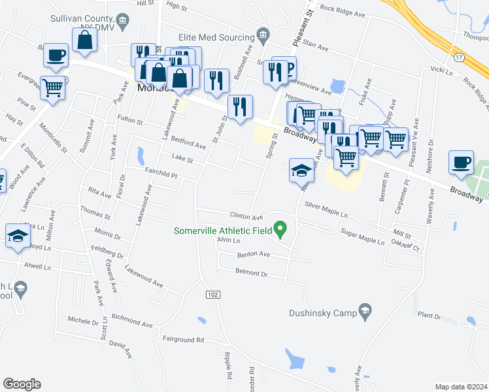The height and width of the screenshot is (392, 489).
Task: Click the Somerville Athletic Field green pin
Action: [280, 229]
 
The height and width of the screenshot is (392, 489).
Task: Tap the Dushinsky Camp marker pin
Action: [365, 312]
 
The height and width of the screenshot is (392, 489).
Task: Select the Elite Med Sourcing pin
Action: [263, 33]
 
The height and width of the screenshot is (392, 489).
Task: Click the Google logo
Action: [22, 384]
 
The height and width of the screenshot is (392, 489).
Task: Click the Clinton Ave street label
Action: [246, 216]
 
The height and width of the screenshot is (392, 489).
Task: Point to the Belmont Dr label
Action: [252, 274]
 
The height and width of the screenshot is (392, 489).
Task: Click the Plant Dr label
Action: [429, 316]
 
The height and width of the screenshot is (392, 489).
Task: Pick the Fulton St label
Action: [129, 121]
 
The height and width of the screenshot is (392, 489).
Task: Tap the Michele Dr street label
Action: [82, 320]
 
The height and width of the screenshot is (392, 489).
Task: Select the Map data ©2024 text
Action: [461, 387]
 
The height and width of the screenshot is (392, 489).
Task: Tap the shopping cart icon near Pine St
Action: [52, 87]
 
